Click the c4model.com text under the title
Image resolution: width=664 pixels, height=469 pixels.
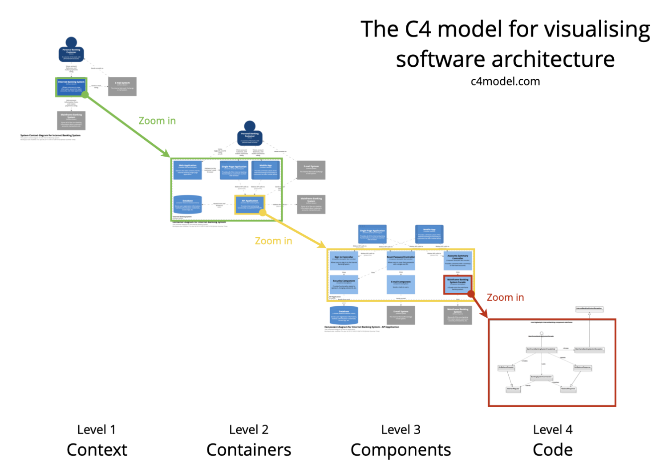(x=505, y=81)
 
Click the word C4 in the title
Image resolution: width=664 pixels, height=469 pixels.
(x=418, y=29)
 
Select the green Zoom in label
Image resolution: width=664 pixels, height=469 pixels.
(x=157, y=121)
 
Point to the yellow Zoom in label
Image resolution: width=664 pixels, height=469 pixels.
(x=273, y=241)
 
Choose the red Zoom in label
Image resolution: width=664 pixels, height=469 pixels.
(x=505, y=298)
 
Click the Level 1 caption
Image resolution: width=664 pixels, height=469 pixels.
(x=96, y=430)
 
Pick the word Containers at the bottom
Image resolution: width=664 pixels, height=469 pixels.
(x=249, y=450)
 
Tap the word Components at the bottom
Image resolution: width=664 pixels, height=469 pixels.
(x=401, y=450)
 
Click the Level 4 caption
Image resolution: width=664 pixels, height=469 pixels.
(x=553, y=430)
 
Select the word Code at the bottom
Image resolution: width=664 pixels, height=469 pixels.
(x=553, y=450)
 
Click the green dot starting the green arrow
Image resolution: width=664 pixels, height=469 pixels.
(x=85, y=95)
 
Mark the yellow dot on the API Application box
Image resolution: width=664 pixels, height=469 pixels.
(x=263, y=213)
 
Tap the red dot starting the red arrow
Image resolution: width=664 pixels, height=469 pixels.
(x=471, y=294)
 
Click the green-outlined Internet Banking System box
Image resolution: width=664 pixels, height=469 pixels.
(x=71, y=87)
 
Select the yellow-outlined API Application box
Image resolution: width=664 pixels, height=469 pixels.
(x=250, y=204)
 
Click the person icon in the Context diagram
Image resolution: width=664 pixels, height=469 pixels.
(x=71, y=49)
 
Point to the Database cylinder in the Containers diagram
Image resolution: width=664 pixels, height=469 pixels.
(x=187, y=205)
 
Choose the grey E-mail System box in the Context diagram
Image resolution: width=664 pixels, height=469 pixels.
(x=122, y=86)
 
